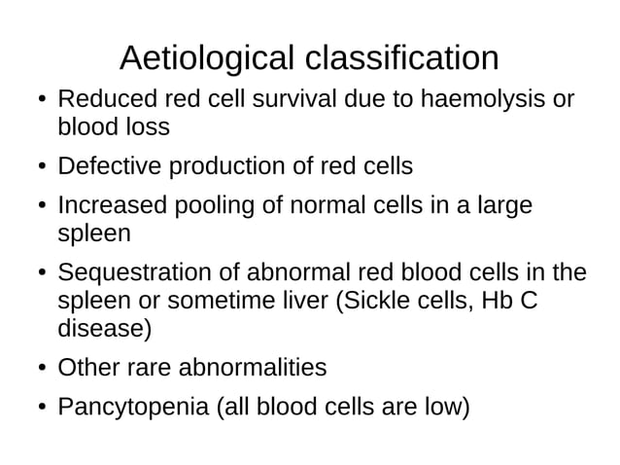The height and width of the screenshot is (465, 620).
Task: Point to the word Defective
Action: (x=111, y=166)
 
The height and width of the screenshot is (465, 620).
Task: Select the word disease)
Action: (x=105, y=328)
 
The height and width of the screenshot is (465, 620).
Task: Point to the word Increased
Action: (x=111, y=206)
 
